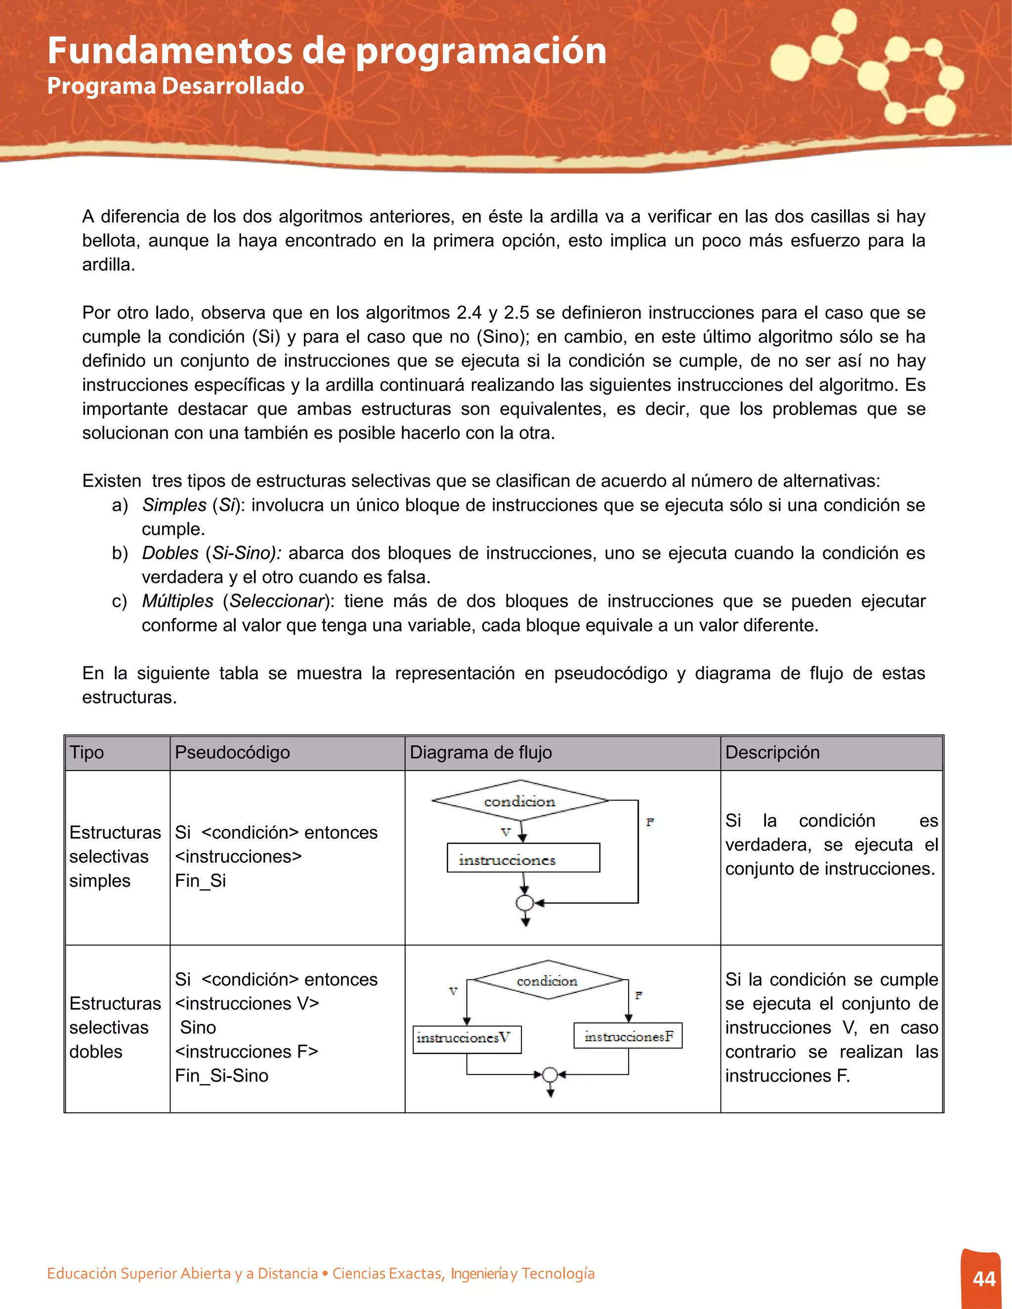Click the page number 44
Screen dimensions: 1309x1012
pos(984,1278)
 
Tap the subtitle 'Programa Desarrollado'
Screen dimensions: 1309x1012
pos(175,86)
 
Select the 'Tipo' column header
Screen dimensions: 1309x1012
pos(87,752)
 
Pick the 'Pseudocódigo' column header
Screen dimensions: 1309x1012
pos(232,752)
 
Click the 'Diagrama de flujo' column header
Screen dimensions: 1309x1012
pos(480,752)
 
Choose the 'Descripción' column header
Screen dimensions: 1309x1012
pos(772,752)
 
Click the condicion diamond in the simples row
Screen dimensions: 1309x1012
pos(520,801)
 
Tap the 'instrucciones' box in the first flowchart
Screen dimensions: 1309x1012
pos(523,858)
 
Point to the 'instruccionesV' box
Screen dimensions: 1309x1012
pos(467,1039)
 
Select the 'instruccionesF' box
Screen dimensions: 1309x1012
pos(628,1036)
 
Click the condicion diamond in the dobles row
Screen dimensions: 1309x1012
pos(548,981)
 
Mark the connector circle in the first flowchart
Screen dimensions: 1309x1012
pos(525,902)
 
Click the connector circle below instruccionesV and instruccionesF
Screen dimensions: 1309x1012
pos(550,1075)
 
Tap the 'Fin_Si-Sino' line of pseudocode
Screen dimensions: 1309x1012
pos(222,1076)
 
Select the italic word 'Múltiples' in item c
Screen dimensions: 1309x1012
pos(177,601)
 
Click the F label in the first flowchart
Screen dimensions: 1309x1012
pos(650,822)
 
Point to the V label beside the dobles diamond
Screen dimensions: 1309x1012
pos(453,991)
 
